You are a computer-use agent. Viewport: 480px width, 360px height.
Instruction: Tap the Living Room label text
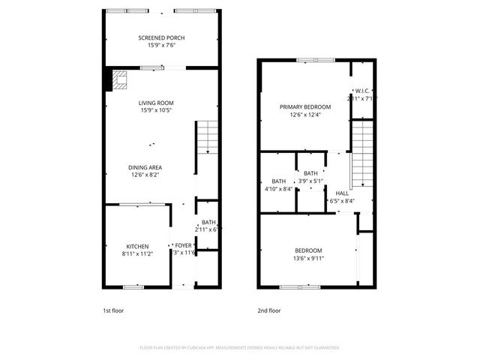tap(155, 103)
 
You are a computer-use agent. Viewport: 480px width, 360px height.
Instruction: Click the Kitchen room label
tap(136, 247)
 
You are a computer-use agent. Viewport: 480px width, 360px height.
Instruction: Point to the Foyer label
tap(184, 245)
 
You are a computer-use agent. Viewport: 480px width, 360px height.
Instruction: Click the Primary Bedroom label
tap(305, 106)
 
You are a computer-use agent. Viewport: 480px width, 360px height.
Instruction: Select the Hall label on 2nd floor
tap(342, 193)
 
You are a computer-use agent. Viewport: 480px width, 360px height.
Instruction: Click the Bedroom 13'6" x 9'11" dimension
tap(307, 259)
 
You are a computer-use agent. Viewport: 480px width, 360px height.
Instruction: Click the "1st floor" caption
tap(114, 310)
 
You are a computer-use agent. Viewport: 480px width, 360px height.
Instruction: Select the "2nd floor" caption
tap(268, 310)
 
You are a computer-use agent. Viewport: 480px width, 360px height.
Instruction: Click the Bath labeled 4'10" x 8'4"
tap(278, 181)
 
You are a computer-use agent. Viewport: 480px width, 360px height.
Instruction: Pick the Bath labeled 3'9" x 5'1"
tap(310, 174)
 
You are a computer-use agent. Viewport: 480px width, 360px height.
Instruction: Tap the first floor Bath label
tap(208, 223)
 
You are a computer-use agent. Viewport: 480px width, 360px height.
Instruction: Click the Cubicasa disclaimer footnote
tap(240, 348)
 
